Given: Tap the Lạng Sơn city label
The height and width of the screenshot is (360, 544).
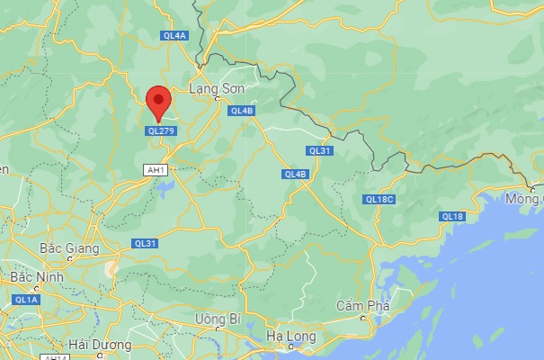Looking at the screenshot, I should click(215, 88).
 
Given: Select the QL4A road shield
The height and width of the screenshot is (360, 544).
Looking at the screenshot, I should click(174, 36).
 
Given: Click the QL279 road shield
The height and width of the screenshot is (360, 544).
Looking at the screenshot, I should click(161, 130).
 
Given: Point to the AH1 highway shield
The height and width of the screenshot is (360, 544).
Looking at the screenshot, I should click(156, 168).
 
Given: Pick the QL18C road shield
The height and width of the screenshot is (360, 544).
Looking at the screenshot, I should click(379, 199).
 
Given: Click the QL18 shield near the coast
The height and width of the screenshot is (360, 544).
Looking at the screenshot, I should click(452, 216).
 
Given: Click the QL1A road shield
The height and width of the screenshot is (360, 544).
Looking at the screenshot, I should click(26, 299).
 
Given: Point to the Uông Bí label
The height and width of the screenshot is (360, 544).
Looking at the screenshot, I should click(218, 319).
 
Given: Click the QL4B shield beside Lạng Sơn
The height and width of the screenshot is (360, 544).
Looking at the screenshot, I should click(242, 111).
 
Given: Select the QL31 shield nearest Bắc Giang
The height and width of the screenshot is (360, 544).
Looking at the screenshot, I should click(145, 243).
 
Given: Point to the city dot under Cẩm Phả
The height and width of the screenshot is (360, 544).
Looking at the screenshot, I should click(363, 317).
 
